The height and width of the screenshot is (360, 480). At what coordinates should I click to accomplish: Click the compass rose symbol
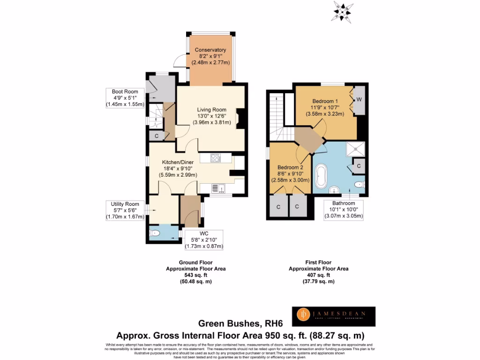click(x=343, y=10)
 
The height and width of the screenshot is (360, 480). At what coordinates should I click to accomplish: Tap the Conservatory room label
click(x=210, y=50)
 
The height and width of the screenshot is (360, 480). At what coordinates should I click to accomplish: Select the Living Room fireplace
click(x=240, y=119)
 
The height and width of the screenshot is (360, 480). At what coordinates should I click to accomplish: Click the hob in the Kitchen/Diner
click(x=216, y=158)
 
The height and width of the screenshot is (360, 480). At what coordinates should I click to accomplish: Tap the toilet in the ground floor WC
click(x=155, y=233)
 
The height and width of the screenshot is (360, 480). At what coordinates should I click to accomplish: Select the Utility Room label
click(x=125, y=204)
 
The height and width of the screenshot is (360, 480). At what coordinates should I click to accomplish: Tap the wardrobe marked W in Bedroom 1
click(x=359, y=99)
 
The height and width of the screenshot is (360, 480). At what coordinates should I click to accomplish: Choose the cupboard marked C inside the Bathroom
click(x=358, y=166)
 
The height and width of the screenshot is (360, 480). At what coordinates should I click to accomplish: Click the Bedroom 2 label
click(x=290, y=167)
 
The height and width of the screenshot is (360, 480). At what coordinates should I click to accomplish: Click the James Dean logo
click(x=333, y=316)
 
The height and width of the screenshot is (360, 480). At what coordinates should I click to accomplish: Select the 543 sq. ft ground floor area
click(x=195, y=275)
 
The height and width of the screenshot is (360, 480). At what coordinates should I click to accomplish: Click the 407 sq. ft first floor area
click(x=318, y=275)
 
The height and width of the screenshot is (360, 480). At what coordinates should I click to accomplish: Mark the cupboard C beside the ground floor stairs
click(x=156, y=135)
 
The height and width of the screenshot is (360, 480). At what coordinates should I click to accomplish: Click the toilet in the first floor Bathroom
click(x=359, y=185)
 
